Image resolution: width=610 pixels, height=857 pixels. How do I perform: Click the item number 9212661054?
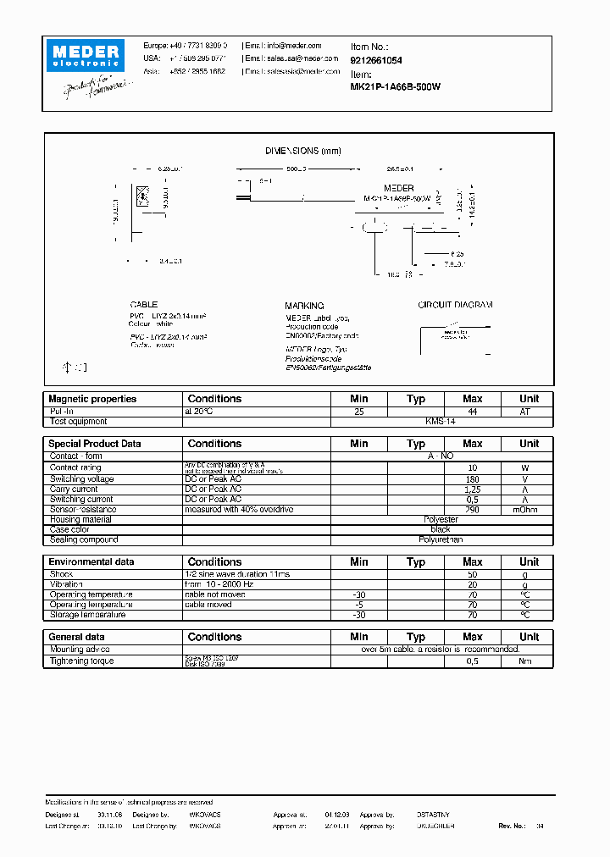click(376, 61)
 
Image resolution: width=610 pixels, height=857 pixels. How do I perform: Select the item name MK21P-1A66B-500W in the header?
click(395, 86)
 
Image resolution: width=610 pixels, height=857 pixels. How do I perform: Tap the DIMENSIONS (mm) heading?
click(302, 151)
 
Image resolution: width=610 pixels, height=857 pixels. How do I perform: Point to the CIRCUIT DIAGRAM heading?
click(455, 305)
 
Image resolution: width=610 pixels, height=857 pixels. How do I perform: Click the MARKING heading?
click(304, 306)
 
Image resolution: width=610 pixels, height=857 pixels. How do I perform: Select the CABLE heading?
click(144, 305)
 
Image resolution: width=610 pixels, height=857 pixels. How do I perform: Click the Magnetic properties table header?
click(92, 399)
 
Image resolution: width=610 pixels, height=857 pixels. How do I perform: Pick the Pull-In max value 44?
click(472, 411)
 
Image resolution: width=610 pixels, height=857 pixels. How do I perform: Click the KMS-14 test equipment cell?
click(441, 421)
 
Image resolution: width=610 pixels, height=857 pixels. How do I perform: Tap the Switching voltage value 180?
click(472, 479)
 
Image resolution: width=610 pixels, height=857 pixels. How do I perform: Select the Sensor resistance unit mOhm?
click(529, 510)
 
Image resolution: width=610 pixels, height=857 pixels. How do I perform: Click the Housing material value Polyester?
click(441, 520)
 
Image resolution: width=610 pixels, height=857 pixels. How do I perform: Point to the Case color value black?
click(441, 530)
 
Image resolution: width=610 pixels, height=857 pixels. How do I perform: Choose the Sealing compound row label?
click(84, 540)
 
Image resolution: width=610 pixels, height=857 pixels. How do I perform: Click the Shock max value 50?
click(472, 574)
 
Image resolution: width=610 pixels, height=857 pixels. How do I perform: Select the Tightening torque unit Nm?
click(529, 661)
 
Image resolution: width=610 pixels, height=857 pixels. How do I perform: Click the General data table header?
click(77, 637)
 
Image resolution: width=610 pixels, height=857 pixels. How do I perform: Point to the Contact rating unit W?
click(529, 467)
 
